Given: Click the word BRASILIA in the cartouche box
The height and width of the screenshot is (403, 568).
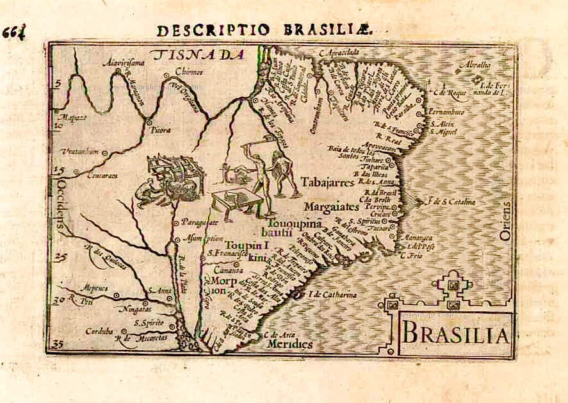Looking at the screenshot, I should click(x=455, y=334).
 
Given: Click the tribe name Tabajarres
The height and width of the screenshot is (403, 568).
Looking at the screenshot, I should click(x=327, y=181).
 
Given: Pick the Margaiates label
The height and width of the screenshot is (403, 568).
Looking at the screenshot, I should click(x=331, y=207).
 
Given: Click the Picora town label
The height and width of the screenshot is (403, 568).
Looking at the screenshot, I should click(x=160, y=130).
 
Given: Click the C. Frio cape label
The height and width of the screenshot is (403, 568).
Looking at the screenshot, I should click(x=410, y=256).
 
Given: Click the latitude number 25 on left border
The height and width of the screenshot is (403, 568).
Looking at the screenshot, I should click(x=60, y=258).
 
